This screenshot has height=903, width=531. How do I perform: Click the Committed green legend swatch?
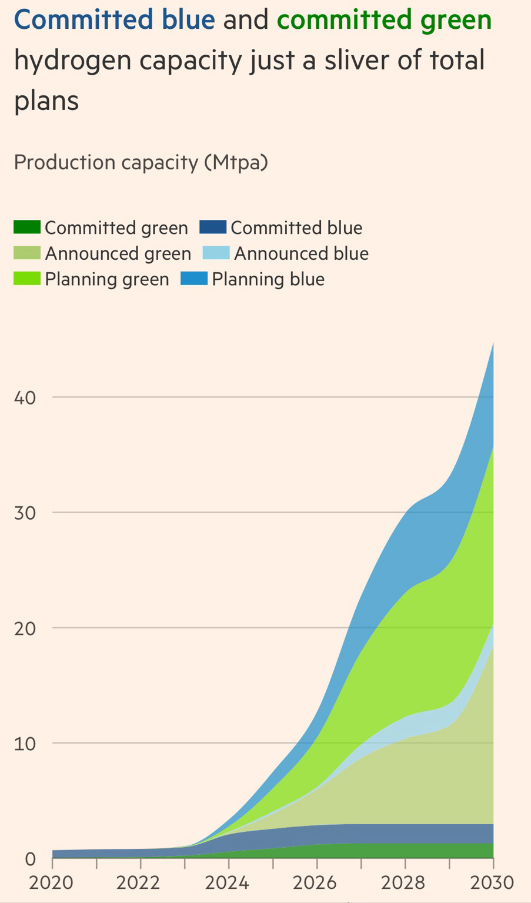point(27,227)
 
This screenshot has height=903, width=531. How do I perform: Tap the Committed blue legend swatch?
point(212,227)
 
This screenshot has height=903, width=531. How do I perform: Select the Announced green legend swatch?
point(27,253)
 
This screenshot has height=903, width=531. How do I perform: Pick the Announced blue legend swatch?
point(216,253)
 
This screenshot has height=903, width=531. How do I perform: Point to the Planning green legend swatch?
point(27,278)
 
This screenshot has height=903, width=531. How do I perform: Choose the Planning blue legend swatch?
point(194,278)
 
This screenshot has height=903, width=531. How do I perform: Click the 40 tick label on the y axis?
point(25,397)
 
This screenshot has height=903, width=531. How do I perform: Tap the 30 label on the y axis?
point(25,513)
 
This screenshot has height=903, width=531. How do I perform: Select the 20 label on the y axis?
point(25,628)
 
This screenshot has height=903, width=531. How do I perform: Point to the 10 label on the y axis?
point(25,743)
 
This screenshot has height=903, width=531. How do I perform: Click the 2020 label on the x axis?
point(52,882)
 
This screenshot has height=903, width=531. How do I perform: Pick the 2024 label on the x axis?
point(228,882)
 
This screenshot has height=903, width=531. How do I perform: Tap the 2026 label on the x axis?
point(316,882)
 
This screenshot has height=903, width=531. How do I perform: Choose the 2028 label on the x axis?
point(405,882)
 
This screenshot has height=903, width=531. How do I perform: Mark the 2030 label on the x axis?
point(492,882)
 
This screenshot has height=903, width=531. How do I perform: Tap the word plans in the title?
point(46,101)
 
